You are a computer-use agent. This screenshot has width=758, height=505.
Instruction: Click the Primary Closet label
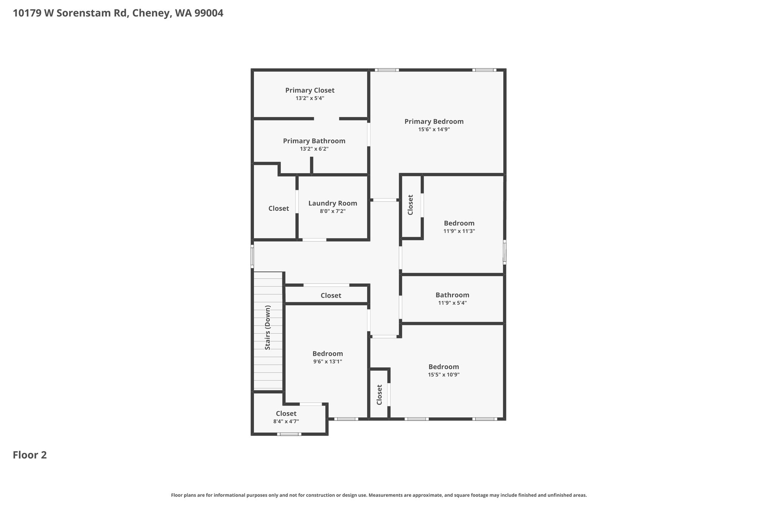coord(310,90)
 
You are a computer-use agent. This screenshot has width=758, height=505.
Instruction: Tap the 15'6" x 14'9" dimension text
coord(434,129)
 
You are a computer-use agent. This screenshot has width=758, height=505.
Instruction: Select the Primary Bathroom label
coord(314,141)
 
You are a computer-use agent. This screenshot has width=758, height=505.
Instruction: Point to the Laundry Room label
coord(333,203)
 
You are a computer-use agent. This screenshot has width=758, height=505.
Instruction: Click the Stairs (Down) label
coord(268,327)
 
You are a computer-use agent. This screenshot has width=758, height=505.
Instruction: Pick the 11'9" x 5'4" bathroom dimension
coord(452,303)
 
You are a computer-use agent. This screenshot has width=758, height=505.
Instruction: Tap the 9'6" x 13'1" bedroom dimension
coord(328,361)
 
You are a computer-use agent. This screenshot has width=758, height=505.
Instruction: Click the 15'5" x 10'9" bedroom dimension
coord(444,375)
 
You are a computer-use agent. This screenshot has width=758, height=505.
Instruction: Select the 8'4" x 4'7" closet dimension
coord(286,421)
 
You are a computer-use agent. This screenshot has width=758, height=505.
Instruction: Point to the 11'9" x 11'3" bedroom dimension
coord(459,231)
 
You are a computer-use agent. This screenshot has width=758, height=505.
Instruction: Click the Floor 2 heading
coord(30,455)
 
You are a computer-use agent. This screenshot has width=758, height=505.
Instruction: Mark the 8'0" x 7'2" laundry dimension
coord(333,211)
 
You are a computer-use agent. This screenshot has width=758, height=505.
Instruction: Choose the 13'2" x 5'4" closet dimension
coord(310,98)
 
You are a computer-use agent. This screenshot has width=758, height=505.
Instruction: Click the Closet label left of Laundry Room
coord(279,208)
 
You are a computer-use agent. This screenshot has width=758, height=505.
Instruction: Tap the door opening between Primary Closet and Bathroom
coord(326,119)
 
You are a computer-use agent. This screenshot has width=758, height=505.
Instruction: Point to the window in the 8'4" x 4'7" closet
coord(289,434)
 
